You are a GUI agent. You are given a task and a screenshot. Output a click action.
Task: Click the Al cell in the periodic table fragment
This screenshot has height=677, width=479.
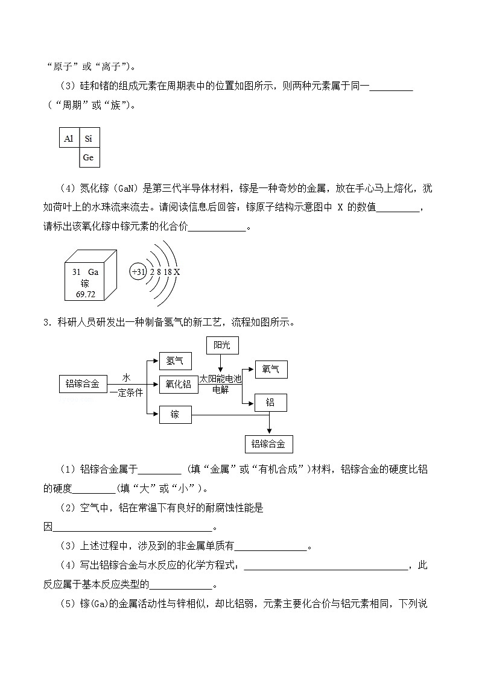[69, 138]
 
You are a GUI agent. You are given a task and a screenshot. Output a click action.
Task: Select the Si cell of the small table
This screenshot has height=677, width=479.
[89, 138]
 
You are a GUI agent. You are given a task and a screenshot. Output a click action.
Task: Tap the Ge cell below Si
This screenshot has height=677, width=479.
[89, 157]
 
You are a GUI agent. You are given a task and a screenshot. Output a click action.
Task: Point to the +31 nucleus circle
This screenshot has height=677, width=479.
[138, 272]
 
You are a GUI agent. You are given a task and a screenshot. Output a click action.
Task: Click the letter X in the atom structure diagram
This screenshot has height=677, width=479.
[177, 272]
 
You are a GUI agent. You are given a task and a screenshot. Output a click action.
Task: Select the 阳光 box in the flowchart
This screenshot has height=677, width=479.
[222, 345]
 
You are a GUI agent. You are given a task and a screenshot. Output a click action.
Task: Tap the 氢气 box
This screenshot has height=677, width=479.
[174, 361]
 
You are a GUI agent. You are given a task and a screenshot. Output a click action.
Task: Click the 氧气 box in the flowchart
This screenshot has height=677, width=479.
[270, 370]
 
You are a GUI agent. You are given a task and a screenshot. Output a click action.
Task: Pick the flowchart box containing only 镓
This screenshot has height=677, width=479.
[174, 414]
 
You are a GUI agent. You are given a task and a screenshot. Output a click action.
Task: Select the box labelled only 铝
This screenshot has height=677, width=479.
[270, 402]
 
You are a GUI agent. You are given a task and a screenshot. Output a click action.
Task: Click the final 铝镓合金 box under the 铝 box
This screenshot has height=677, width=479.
[268, 444]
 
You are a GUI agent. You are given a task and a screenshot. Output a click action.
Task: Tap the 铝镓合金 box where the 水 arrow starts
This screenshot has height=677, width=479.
[83, 383]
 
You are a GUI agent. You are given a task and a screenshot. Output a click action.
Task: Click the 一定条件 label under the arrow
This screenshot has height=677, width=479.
[126, 392]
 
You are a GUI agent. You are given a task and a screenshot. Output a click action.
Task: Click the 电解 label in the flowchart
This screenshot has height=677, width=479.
[220, 390]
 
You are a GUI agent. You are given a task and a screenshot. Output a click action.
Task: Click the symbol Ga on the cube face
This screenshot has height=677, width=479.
[93, 272]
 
